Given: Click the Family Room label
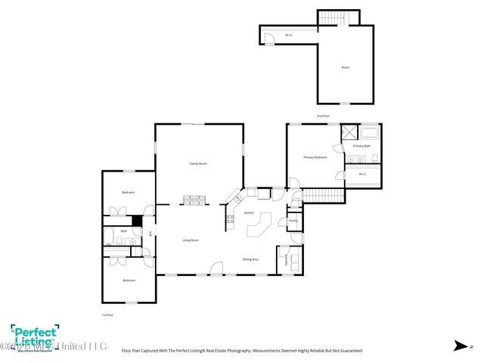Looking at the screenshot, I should (198, 163).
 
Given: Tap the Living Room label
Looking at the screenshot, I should (191, 240).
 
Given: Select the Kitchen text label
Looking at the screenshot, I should (249, 213).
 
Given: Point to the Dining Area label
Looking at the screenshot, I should (250, 259).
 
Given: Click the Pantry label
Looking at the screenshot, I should (293, 221).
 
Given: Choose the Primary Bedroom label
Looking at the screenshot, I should (315, 157).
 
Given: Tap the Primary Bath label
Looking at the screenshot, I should (361, 145).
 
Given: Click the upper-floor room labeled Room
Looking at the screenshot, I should (345, 68).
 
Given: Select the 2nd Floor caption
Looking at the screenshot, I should (323, 116).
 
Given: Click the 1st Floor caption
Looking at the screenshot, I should (107, 315).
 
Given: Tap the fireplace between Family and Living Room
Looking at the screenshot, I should (195, 200).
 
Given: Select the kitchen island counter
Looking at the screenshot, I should (259, 226).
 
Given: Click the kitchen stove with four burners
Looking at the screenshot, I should (229, 220).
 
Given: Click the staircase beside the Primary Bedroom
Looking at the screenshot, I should (324, 195).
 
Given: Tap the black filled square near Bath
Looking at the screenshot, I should (136, 221).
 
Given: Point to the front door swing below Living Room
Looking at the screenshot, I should (217, 268).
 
